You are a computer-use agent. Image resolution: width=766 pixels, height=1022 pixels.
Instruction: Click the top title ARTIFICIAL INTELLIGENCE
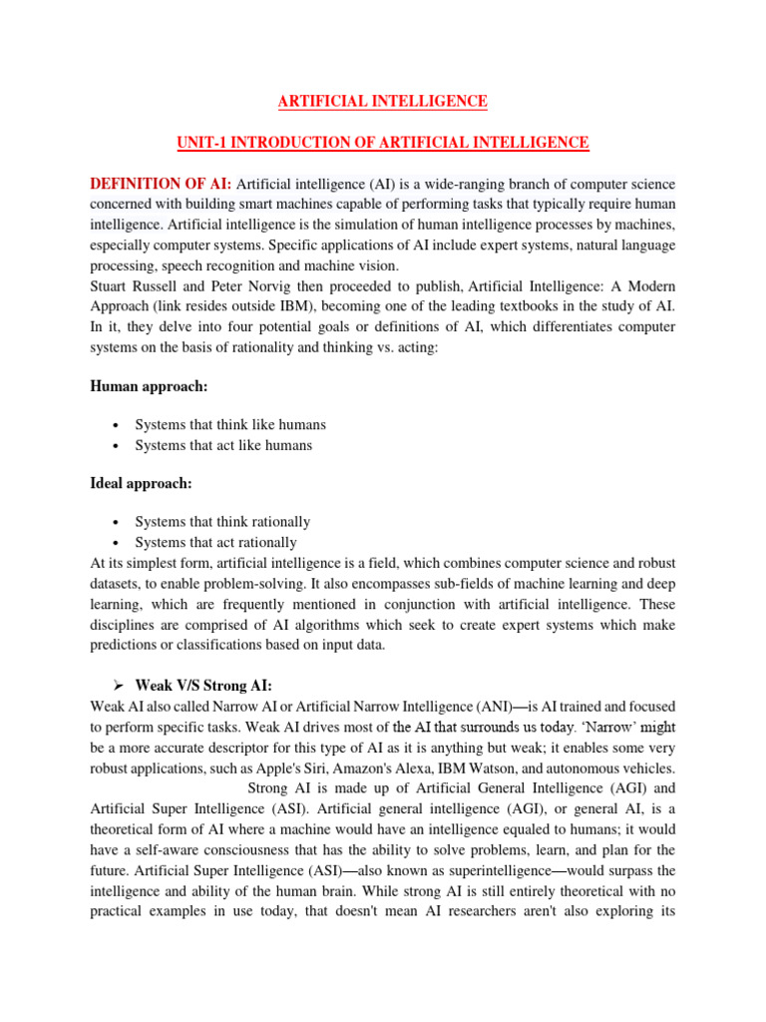pos(382,102)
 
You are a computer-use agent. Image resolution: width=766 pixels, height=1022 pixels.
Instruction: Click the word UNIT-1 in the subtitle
pos(205,144)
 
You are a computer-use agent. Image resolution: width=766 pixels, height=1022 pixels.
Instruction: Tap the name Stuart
pos(110,286)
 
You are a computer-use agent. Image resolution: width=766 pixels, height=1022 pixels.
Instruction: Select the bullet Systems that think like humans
pos(230,424)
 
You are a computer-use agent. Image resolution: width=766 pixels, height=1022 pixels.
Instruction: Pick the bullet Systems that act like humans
pos(223,445)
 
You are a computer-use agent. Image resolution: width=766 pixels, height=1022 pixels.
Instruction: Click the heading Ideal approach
pos(141,483)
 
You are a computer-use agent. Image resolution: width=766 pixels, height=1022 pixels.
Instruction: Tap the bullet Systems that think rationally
pos(222,522)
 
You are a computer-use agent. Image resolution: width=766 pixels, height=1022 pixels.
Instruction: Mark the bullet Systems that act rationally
pos(215,543)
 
